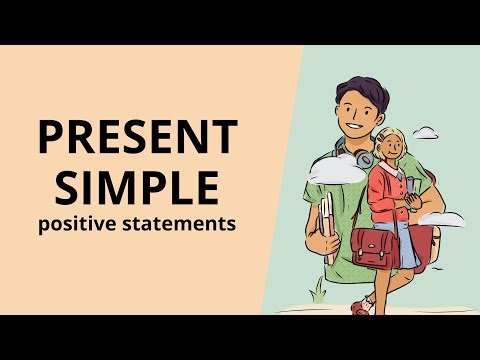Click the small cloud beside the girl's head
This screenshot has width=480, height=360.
tap(426, 132)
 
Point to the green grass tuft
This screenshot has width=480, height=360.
tap(319, 291)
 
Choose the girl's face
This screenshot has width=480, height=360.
tap(389, 147)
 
